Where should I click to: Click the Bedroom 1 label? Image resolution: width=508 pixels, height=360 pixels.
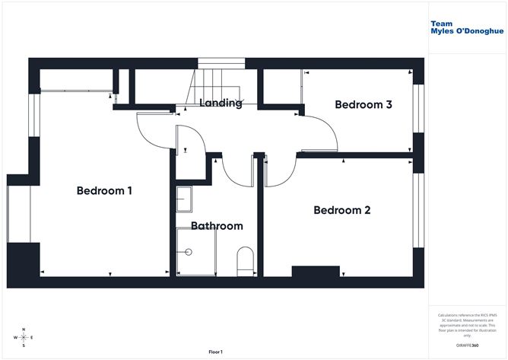[104, 191]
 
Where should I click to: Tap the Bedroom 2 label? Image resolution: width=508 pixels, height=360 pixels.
[341, 210]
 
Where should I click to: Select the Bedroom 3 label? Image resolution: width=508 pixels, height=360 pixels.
[363, 105]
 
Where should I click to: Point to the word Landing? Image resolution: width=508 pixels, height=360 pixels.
[221, 103]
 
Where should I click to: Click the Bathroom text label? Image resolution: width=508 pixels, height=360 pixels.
[217, 226]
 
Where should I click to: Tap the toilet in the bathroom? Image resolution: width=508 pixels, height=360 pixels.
[245, 258]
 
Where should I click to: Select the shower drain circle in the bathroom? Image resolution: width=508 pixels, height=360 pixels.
[188, 251]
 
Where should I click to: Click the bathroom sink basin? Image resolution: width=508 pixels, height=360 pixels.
[184, 200]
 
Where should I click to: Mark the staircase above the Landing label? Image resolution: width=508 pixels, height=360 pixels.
[217, 81]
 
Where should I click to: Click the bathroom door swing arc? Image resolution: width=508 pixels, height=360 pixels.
[235, 171]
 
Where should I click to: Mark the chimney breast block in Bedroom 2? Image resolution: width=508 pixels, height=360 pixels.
[315, 272]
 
